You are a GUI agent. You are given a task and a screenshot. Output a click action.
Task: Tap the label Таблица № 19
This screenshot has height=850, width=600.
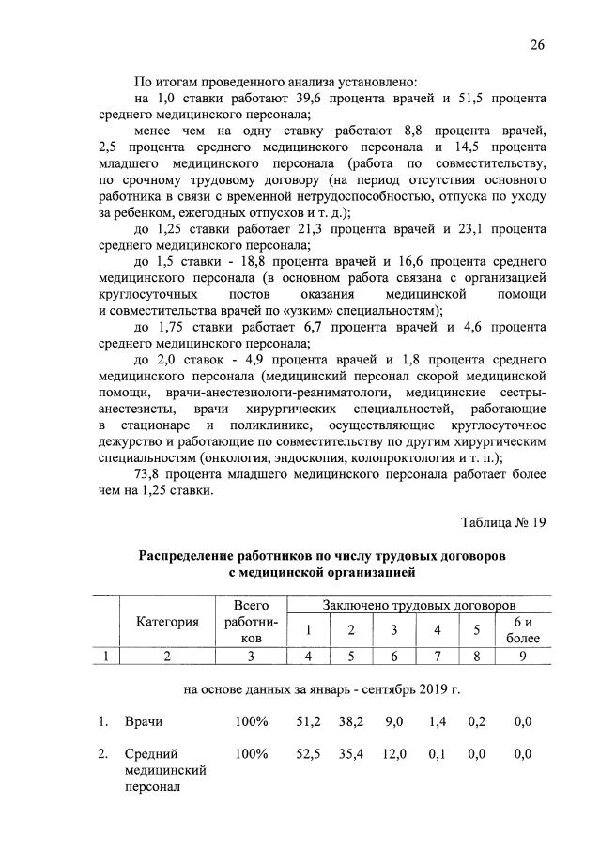[502, 524]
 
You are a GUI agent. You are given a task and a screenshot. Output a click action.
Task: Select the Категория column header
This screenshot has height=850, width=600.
[167, 621]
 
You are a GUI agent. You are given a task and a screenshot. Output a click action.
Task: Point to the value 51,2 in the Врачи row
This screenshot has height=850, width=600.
[308, 721]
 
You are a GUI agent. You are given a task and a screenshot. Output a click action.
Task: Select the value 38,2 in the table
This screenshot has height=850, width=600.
[351, 721]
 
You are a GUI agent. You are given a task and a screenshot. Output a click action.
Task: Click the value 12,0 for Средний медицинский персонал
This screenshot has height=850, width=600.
[393, 754]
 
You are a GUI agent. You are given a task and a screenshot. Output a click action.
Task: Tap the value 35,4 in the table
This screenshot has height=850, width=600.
[351, 754]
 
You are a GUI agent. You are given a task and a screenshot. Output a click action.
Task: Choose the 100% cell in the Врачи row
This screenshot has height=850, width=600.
[252, 721]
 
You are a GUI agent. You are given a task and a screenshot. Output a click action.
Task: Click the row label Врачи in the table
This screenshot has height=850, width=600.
[144, 721]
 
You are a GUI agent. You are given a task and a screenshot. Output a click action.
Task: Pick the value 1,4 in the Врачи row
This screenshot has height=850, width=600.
[436, 721]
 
